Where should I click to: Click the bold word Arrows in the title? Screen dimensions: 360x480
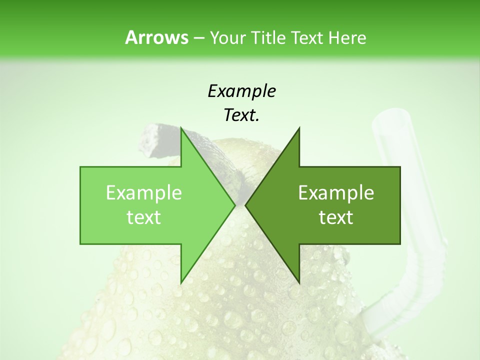pos(156,37)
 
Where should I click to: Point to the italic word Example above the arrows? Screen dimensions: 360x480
pos(241,91)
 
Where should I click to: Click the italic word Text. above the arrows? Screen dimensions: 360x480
pos(241,115)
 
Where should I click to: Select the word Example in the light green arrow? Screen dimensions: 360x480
pos(144,193)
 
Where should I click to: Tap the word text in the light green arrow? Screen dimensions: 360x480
pos(144,217)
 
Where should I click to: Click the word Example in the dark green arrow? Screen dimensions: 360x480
pos(336,193)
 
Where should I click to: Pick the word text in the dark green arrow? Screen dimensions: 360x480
pos(336,217)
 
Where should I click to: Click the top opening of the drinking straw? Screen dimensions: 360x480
pos(391,119)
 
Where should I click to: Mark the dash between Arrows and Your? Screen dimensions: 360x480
pos(198,38)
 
